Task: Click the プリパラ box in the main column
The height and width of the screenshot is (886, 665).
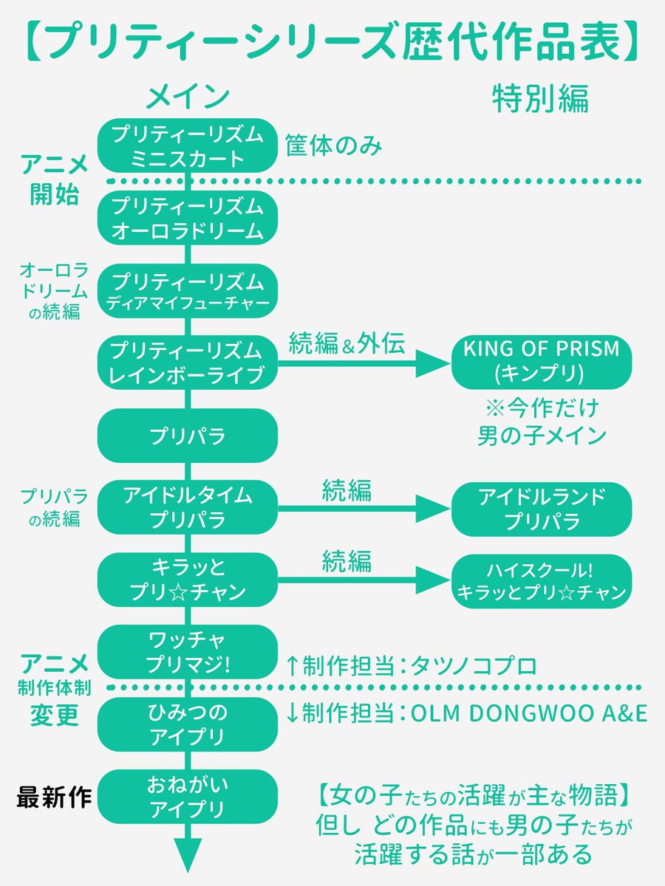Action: click(x=188, y=436)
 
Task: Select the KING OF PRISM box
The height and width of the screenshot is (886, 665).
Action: click(x=542, y=362)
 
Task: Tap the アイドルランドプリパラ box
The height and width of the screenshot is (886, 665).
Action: click(x=542, y=509)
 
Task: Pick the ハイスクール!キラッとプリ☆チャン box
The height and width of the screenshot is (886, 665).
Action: click(x=542, y=581)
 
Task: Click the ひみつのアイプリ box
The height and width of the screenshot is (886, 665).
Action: click(x=188, y=724)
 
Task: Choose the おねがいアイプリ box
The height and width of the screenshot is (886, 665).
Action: click(x=188, y=797)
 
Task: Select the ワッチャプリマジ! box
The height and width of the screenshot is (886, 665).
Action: click(x=188, y=652)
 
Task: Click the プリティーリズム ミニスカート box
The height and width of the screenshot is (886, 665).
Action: click(x=188, y=145)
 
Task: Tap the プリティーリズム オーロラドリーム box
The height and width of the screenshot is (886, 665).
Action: click(x=188, y=218)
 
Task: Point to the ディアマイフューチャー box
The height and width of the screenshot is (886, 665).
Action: click(x=188, y=291)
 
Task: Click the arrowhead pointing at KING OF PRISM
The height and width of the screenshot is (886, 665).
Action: click(x=433, y=364)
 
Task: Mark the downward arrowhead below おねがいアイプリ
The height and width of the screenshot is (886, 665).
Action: click(x=188, y=855)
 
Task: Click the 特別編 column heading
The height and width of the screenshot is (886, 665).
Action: click(x=541, y=98)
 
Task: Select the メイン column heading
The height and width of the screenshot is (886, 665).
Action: click(x=188, y=97)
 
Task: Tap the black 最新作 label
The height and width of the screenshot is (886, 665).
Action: click(x=54, y=797)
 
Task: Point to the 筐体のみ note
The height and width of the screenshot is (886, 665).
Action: click(x=333, y=145)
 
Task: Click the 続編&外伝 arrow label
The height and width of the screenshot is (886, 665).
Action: click(x=347, y=343)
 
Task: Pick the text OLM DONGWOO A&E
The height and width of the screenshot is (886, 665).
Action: click(x=529, y=713)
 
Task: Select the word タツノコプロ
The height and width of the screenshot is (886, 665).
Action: click(x=474, y=666)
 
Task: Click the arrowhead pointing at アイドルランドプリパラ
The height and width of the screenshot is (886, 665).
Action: click(x=433, y=509)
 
